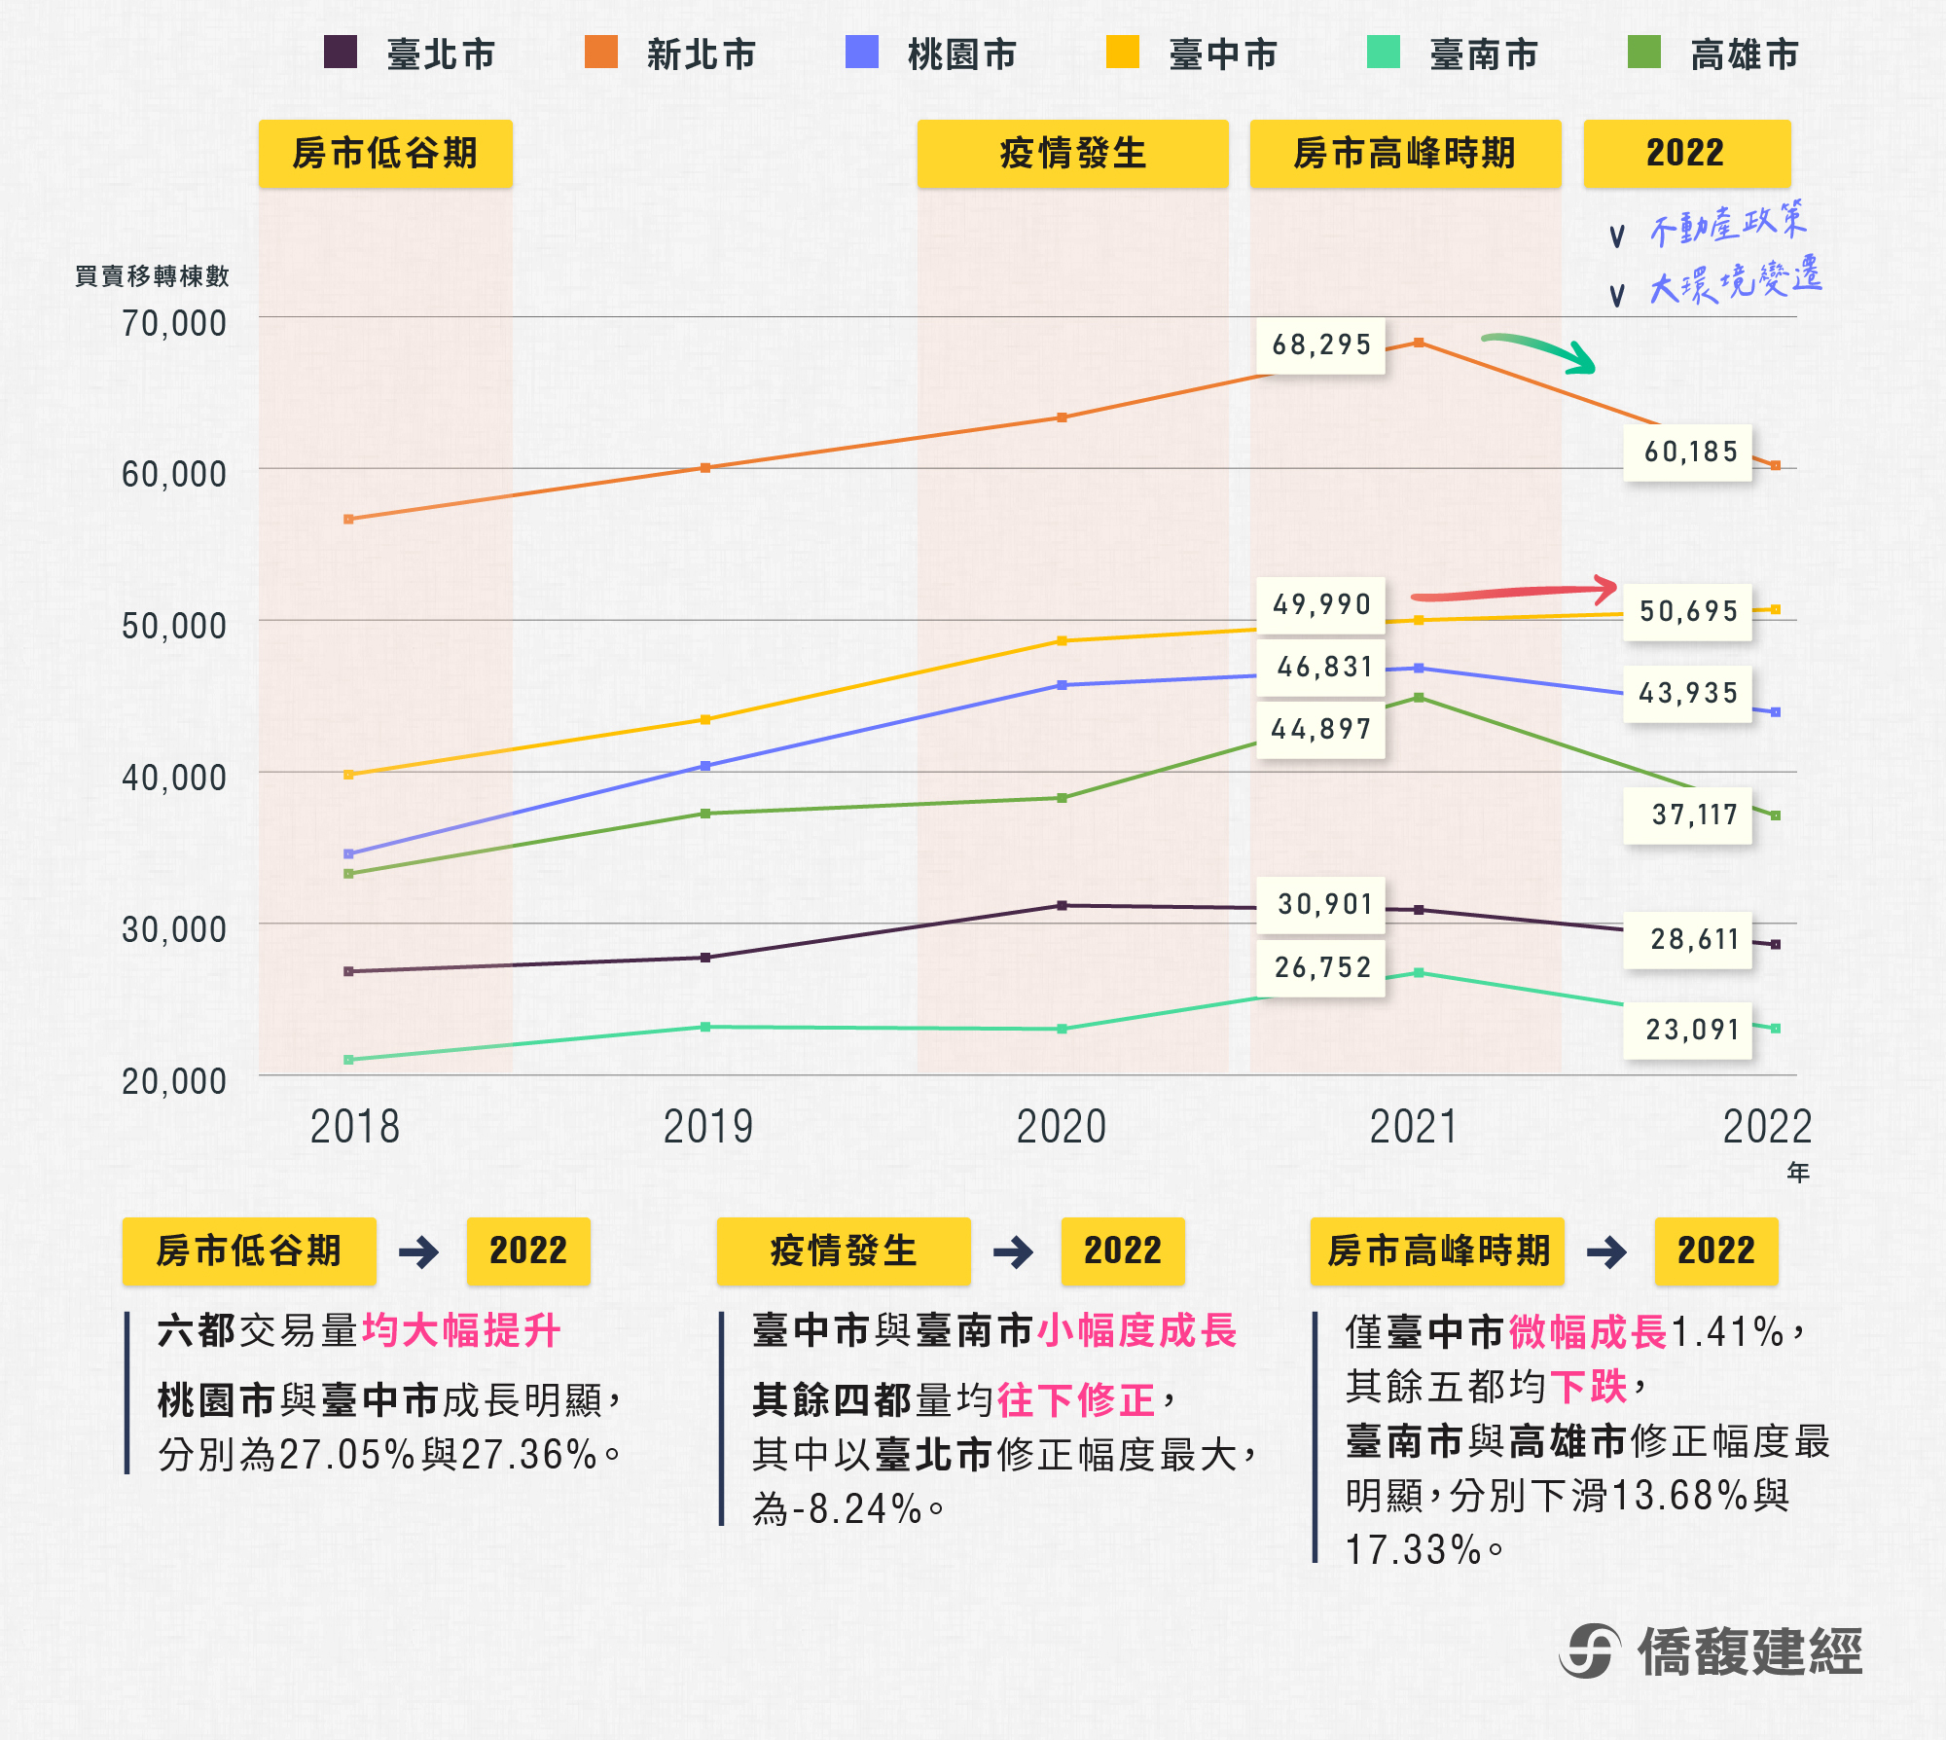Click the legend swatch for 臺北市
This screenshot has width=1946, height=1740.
[341, 53]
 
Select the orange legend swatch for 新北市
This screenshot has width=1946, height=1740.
[601, 53]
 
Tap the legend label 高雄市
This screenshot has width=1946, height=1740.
[1744, 54]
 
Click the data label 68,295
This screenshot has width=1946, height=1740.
[1320, 345]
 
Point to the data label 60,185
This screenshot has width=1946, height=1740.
[1689, 453]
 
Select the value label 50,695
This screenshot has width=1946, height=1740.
[1688, 612]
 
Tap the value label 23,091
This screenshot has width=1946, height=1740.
[1691, 1030]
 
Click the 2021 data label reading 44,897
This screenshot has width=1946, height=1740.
[1320, 730]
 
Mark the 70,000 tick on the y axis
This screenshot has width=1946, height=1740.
[173, 323]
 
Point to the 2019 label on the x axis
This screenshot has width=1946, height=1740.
[707, 1127]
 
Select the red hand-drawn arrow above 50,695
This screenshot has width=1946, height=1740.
[1514, 591]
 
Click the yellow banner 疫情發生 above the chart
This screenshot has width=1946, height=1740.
[1072, 154]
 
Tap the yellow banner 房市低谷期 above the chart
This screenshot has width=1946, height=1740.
[385, 154]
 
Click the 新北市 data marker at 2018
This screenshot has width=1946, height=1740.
[348, 520]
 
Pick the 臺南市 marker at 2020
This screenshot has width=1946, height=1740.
[1062, 1029]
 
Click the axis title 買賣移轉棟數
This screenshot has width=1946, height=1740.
[152, 276]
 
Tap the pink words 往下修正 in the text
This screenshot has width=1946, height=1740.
[1075, 1400]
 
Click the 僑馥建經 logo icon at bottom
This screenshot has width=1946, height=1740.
[1590, 1651]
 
